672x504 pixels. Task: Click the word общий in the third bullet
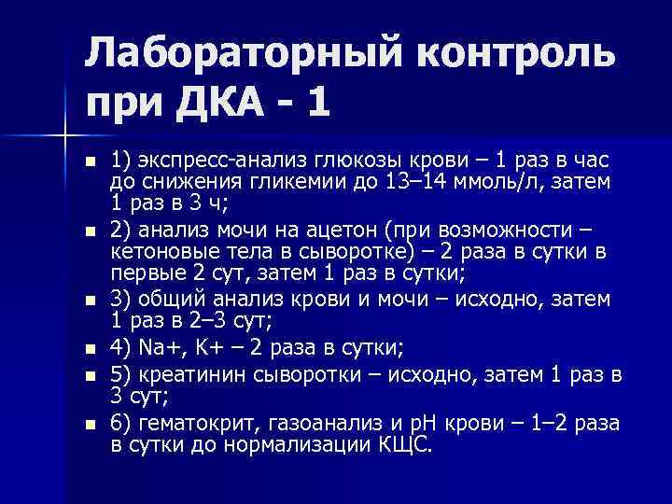(169, 301)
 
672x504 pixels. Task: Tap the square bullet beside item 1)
(90, 161)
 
